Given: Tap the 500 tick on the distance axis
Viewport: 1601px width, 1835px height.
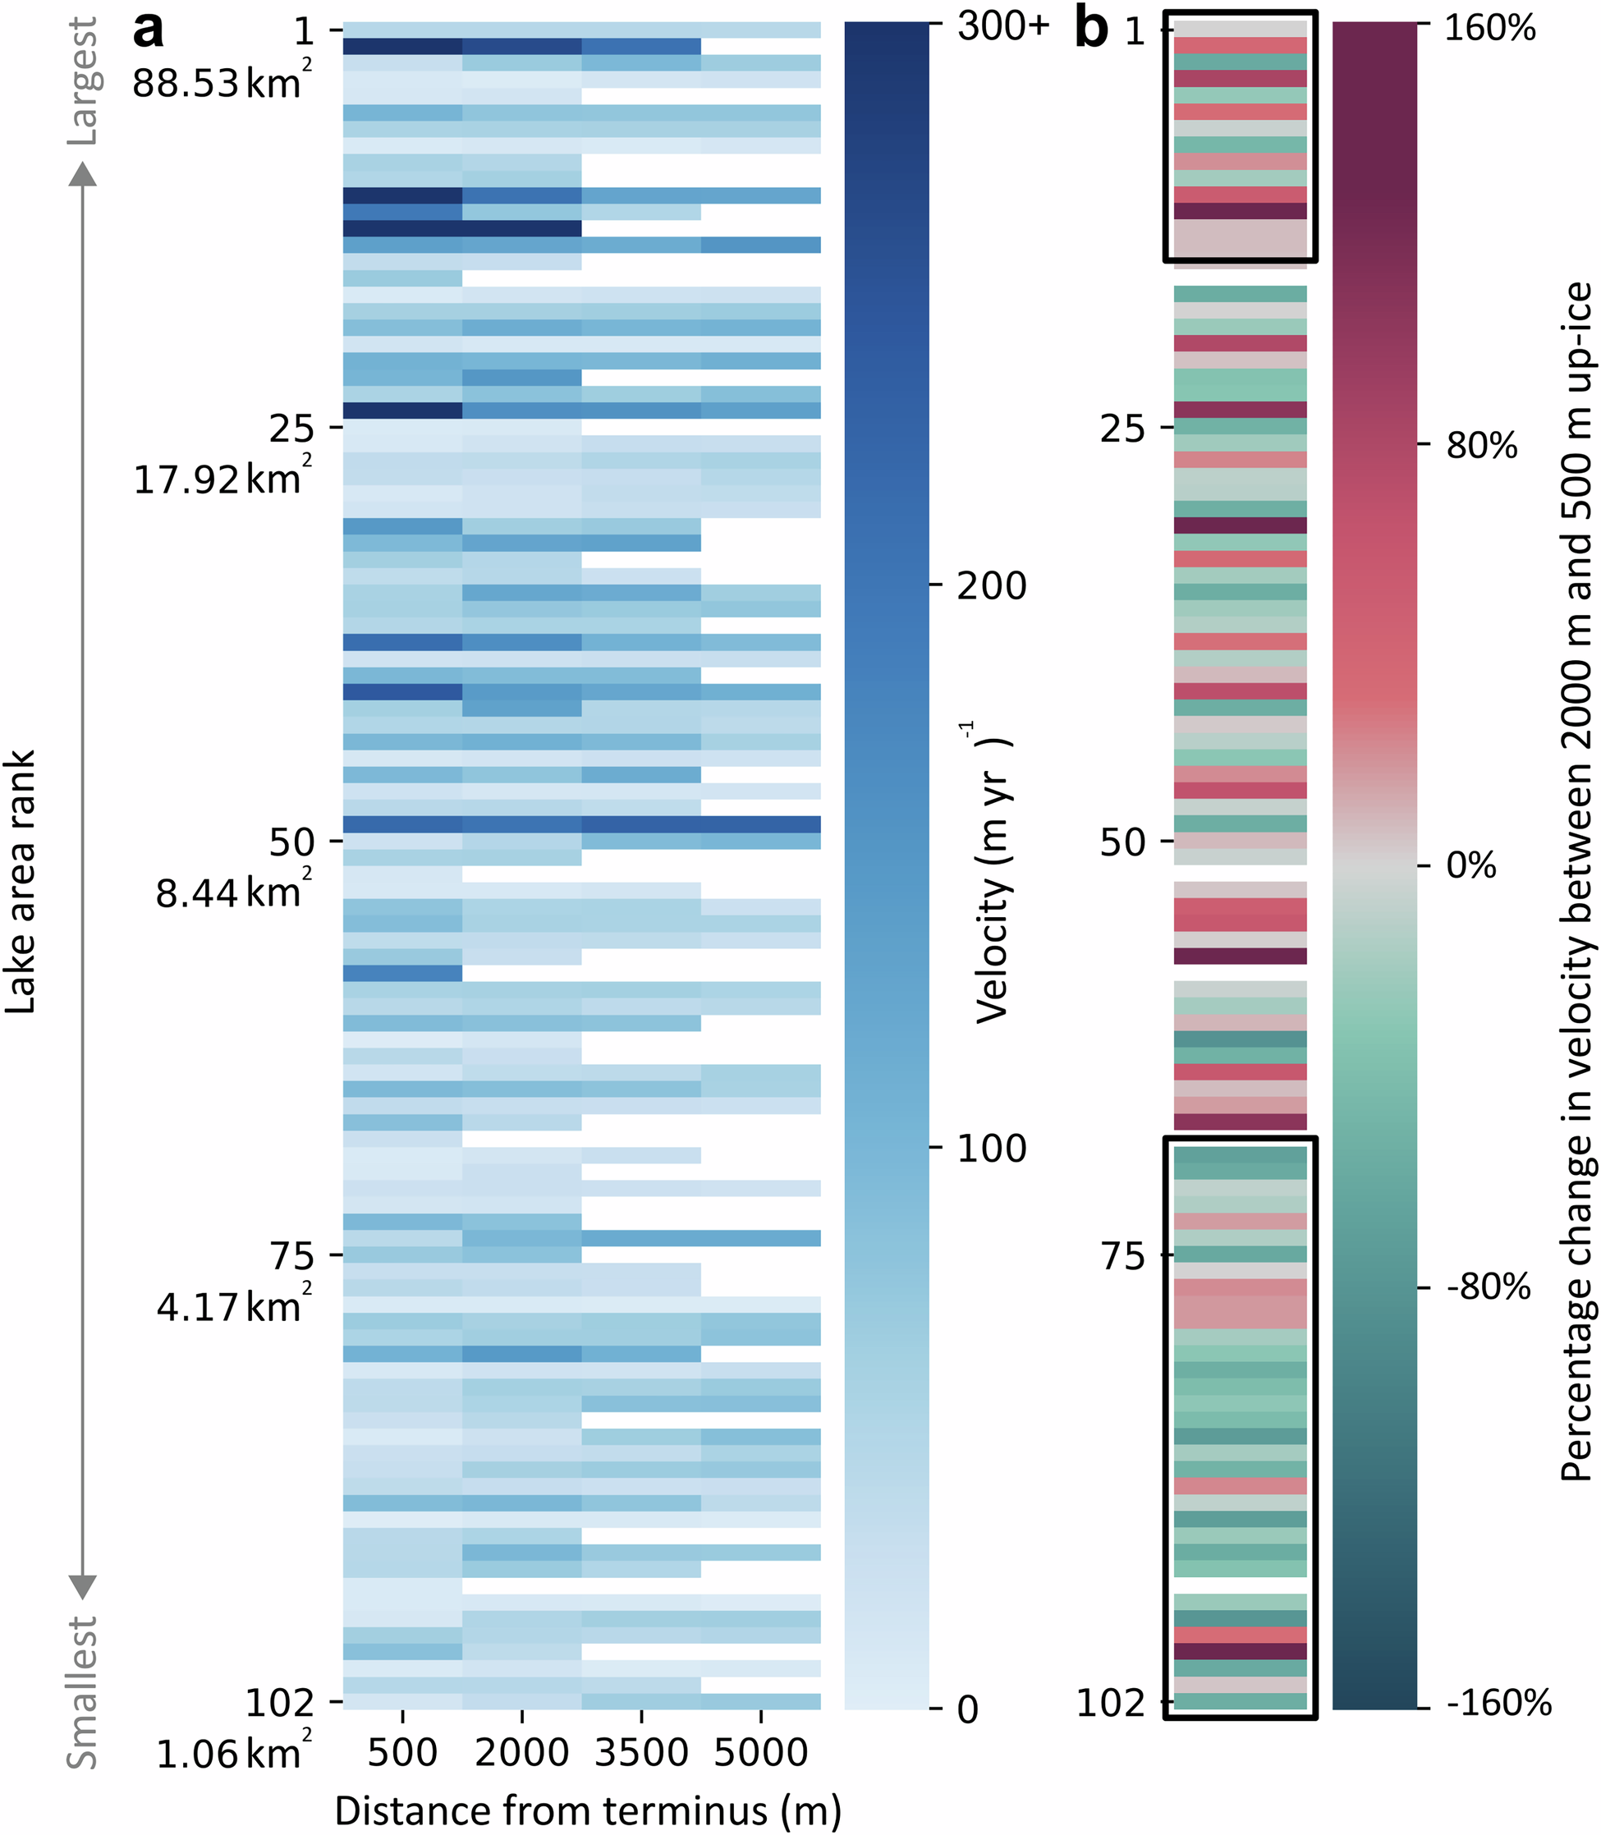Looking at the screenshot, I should (x=402, y=1752).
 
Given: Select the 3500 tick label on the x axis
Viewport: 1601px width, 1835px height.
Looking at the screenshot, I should (x=640, y=1752).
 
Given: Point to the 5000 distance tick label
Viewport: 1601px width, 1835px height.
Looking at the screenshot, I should (x=761, y=1752).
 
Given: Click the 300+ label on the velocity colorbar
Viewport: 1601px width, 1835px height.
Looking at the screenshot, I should (x=1002, y=27).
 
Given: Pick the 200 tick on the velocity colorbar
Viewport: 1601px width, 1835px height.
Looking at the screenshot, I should (x=992, y=586).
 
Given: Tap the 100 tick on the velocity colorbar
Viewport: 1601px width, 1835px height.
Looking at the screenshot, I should (x=992, y=1148).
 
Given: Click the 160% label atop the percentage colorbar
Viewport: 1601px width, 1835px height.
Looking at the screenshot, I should (x=1489, y=29).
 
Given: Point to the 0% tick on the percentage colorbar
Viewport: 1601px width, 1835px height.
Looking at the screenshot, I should (x=1470, y=865).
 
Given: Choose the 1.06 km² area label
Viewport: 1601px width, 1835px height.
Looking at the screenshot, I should (x=232, y=1754).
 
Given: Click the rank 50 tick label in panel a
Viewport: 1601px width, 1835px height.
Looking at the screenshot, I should (x=291, y=842).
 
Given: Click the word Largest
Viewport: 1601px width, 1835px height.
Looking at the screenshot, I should (x=83, y=82).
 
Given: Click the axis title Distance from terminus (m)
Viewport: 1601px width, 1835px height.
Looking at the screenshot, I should (x=587, y=1811).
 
